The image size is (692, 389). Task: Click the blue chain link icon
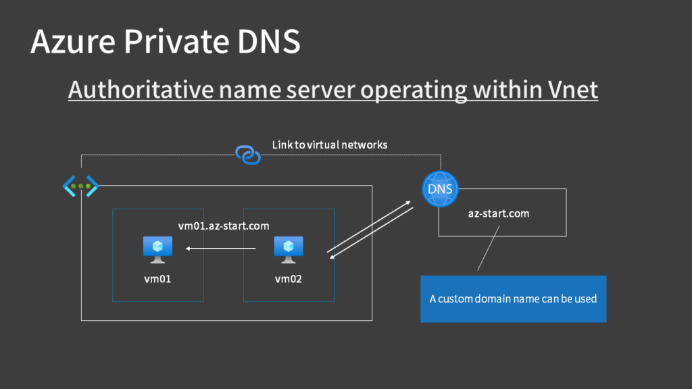(x=247, y=155)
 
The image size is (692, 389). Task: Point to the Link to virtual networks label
(x=330, y=145)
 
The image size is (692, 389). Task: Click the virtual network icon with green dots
(x=81, y=186)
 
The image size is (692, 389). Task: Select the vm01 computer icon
(x=157, y=249)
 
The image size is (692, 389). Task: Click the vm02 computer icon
(x=289, y=249)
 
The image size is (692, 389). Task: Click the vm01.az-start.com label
(x=224, y=226)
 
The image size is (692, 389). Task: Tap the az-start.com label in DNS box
(x=499, y=213)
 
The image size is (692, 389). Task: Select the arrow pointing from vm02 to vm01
(x=221, y=249)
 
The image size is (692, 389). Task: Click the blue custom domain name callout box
(x=513, y=299)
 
